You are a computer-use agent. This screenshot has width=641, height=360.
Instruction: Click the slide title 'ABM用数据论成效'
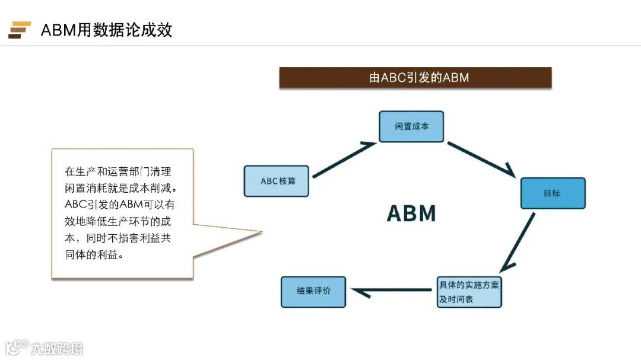(x=106, y=30)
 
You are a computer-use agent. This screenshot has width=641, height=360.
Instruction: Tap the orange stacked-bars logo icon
(x=19, y=30)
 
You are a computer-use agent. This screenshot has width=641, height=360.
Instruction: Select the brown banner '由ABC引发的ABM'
(x=415, y=78)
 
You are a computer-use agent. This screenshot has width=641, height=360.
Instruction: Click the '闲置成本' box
(x=411, y=126)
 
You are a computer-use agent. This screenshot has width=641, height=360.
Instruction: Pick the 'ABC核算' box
(x=277, y=181)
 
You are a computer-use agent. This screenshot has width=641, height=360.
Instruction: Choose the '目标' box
(x=553, y=193)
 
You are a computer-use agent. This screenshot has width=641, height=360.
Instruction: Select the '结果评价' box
(x=313, y=292)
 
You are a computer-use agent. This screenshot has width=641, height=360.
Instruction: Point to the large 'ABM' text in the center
(x=411, y=213)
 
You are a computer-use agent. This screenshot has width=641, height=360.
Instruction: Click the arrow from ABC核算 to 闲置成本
(x=344, y=159)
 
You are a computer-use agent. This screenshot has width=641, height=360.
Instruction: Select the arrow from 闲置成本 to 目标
(x=481, y=159)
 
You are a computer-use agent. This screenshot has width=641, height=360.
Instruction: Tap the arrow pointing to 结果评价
(x=392, y=290)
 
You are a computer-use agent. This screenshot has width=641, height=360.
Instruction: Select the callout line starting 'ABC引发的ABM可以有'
(x=119, y=205)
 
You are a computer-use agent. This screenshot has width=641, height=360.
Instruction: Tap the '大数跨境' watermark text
(x=58, y=348)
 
